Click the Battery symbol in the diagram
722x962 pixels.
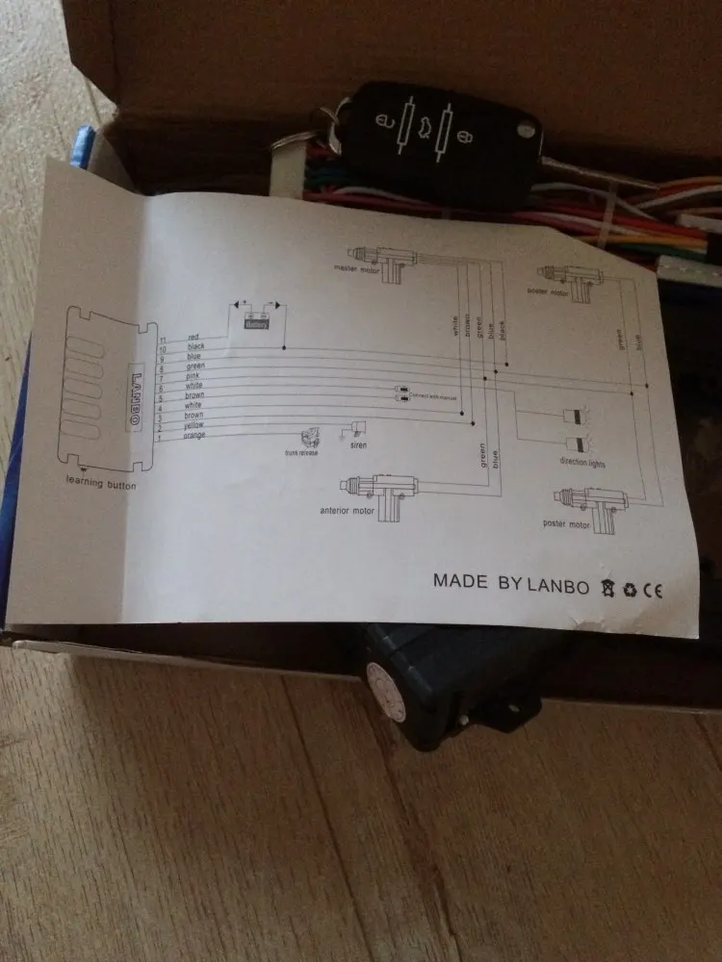[256, 323]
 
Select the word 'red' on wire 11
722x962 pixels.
[193, 338]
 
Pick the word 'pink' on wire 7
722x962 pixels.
[193, 376]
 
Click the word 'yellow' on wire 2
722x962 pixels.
[193, 425]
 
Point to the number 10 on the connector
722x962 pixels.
[165, 345]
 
